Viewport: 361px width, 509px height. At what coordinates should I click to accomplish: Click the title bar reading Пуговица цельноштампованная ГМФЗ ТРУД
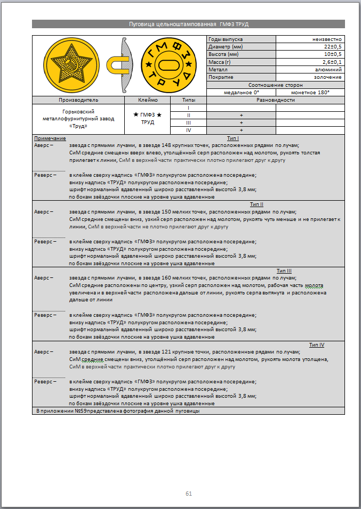pos(188,24)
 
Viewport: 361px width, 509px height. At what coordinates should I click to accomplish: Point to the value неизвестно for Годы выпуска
pos(327,39)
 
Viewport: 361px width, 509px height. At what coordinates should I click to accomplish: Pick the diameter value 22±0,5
pos(331,47)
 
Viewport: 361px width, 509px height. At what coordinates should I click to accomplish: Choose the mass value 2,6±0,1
pos(331,62)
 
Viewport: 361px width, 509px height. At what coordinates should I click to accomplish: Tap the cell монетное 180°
pos(310,93)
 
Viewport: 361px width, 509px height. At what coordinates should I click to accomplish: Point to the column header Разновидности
pos(275,100)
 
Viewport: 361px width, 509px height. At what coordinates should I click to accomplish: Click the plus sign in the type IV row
pos(241,130)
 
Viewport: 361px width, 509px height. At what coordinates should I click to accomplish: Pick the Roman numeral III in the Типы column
pos(188,122)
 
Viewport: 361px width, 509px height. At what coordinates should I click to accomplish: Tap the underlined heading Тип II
pos(256,204)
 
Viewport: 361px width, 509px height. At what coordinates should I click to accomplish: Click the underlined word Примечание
pos(46,138)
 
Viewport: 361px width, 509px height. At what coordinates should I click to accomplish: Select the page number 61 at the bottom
pos(188,494)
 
